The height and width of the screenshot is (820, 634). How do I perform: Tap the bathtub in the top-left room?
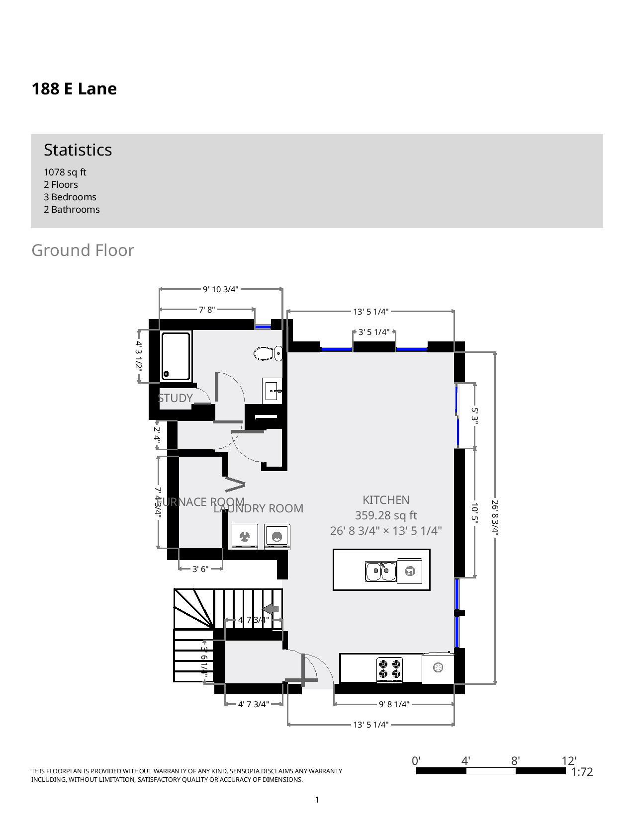click(x=176, y=356)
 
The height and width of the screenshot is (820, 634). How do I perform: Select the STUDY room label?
click(x=175, y=398)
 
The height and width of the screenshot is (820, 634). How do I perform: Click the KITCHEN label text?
click(x=386, y=500)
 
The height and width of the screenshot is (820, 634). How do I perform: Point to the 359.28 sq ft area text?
click(x=386, y=515)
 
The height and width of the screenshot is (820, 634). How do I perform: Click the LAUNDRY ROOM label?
click(x=259, y=508)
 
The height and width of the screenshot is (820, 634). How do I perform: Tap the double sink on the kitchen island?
click(x=380, y=571)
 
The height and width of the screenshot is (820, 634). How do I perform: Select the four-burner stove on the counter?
click(x=389, y=668)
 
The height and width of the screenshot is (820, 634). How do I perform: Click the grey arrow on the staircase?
click(x=271, y=609)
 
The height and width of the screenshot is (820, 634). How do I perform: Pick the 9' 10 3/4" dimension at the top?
click(x=220, y=289)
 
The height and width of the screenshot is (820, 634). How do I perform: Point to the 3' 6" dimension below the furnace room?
click(x=200, y=569)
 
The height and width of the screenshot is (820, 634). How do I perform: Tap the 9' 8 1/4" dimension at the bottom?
click(x=394, y=704)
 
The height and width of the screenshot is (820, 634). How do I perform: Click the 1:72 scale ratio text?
click(x=582, y=772)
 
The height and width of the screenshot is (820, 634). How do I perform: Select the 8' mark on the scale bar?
click(x=515, y=761)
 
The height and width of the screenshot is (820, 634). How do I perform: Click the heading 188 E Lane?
click(x=74, y=89)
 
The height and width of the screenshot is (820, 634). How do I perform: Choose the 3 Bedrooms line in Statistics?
click(x=70, y=197)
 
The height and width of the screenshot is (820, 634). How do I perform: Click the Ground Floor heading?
click(x=83, y=250)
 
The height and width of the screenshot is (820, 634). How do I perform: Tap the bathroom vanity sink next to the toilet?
click(x=272, y=391)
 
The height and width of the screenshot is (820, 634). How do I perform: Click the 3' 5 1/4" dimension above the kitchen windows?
click(x=374, y=332)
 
